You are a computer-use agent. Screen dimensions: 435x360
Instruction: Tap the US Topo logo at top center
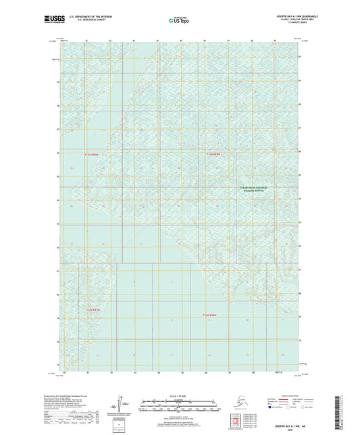(x=177, y=21)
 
